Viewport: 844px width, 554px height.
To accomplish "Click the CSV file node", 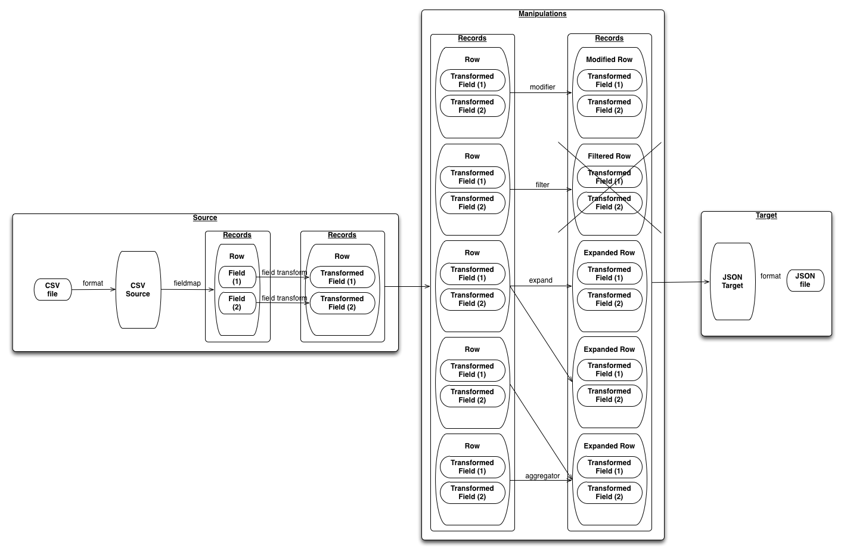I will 52,290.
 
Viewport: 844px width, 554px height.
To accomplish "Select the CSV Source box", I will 138,290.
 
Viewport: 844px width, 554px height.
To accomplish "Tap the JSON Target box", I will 732,281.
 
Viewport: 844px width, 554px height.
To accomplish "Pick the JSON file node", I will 805,280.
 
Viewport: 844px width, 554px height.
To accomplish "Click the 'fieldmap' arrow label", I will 187,283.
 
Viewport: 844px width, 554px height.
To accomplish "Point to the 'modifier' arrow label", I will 542,87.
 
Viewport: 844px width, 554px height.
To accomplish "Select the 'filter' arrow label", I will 542,185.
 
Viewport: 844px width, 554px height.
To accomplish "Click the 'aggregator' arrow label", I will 542,476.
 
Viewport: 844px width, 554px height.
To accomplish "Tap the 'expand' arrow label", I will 541,280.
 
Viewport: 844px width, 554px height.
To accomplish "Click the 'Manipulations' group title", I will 542,14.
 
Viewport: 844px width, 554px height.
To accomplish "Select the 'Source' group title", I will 205,218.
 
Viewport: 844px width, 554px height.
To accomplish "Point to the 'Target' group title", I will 766,215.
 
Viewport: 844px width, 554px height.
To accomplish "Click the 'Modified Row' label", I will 609,60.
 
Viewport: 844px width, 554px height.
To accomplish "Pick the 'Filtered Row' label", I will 609,156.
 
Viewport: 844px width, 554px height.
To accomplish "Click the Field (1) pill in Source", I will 237,277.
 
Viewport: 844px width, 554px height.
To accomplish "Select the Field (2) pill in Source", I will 237,303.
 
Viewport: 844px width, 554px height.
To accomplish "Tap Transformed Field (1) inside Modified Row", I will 609,81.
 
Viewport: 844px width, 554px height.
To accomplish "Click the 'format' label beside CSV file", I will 93,283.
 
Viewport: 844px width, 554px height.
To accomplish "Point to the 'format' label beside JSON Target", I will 770,276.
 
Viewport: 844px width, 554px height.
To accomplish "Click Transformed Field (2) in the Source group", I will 342,303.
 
